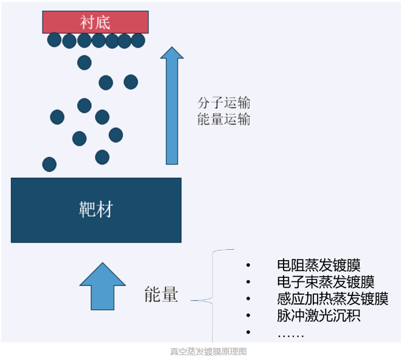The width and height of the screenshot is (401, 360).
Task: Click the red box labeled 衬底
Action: point(96,22)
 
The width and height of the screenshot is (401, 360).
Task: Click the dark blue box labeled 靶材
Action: point(96,210)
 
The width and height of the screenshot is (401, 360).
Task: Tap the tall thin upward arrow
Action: point(172,105)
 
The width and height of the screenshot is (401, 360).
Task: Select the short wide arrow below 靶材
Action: point(103,286)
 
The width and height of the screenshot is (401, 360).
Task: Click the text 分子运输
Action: point(224,103)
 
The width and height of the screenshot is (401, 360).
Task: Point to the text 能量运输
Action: point(224,119)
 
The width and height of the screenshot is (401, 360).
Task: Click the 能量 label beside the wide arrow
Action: point(161,294)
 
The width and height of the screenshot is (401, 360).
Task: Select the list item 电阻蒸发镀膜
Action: point(319,265)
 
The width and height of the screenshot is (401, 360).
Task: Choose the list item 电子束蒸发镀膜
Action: point(326,282)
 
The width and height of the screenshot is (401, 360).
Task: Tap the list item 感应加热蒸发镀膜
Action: point(333,298)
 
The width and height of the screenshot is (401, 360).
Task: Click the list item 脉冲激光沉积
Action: point(319,316)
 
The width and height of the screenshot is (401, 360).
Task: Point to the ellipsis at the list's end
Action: point(291,336)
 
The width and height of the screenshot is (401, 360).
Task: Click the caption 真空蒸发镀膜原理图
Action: point(209,351)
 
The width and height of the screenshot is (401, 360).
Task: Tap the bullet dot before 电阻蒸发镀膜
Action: point(248,265)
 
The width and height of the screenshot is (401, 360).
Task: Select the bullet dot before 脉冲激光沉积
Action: point(248,316)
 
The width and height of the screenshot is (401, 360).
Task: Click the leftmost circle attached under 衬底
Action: point(55,40)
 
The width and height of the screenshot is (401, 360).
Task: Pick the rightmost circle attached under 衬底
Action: point(138,40)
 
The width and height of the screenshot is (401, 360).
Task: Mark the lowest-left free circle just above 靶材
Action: point(49,164)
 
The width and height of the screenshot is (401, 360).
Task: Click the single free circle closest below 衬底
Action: point(85,63)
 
